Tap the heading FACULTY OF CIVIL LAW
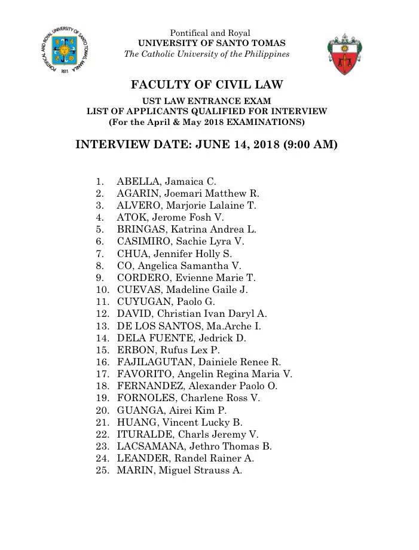pos(207,85)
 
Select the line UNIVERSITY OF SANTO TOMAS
pos(212,43)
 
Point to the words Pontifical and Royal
pos(210,33)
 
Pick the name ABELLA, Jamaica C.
pos(166,181)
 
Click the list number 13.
pos(102,326)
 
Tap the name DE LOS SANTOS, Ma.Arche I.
pos(189,326)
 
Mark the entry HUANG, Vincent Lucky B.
pos(179,422)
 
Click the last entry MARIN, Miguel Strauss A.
pos(179,470)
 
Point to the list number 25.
pos(102,470)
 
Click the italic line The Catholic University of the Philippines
pos(207,54)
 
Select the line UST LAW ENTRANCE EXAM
pos(206,101)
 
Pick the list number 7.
pos(100,253)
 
